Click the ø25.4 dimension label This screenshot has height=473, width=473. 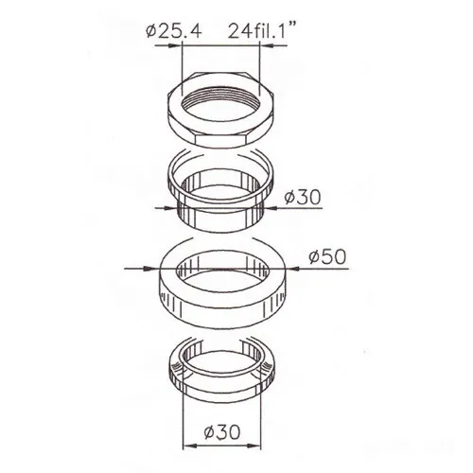pos(173,31)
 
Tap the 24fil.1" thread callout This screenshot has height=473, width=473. pos(263,30)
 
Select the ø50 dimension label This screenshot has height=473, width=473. pos(327,256)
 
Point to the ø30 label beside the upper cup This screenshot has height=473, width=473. pos(303,198)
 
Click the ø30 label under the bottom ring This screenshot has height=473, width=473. pos(222,432)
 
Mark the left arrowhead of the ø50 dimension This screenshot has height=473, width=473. pos(150,269)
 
